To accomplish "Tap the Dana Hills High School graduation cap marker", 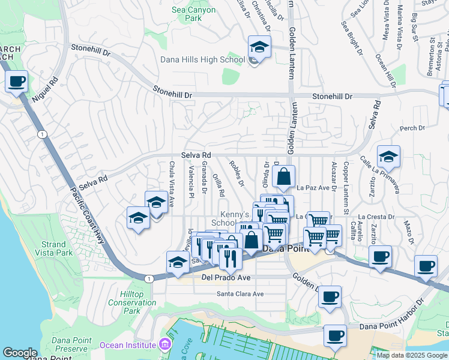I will click(259, 47).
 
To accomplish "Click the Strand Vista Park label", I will click(54, 248).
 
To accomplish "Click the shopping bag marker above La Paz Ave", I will click(284, 177).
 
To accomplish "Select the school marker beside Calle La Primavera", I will click(388, 157).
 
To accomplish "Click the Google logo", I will click(20, 353).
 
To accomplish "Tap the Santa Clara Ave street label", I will click(240, 294).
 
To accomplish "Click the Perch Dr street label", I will click(412, 128).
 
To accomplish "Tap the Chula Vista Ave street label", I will click(172, 180).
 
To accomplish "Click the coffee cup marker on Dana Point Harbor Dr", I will click(335, 335).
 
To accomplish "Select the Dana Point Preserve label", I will click(71, 344).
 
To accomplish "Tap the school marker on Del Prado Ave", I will click(178, 262).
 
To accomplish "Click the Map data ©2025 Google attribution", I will click(412, 355).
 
